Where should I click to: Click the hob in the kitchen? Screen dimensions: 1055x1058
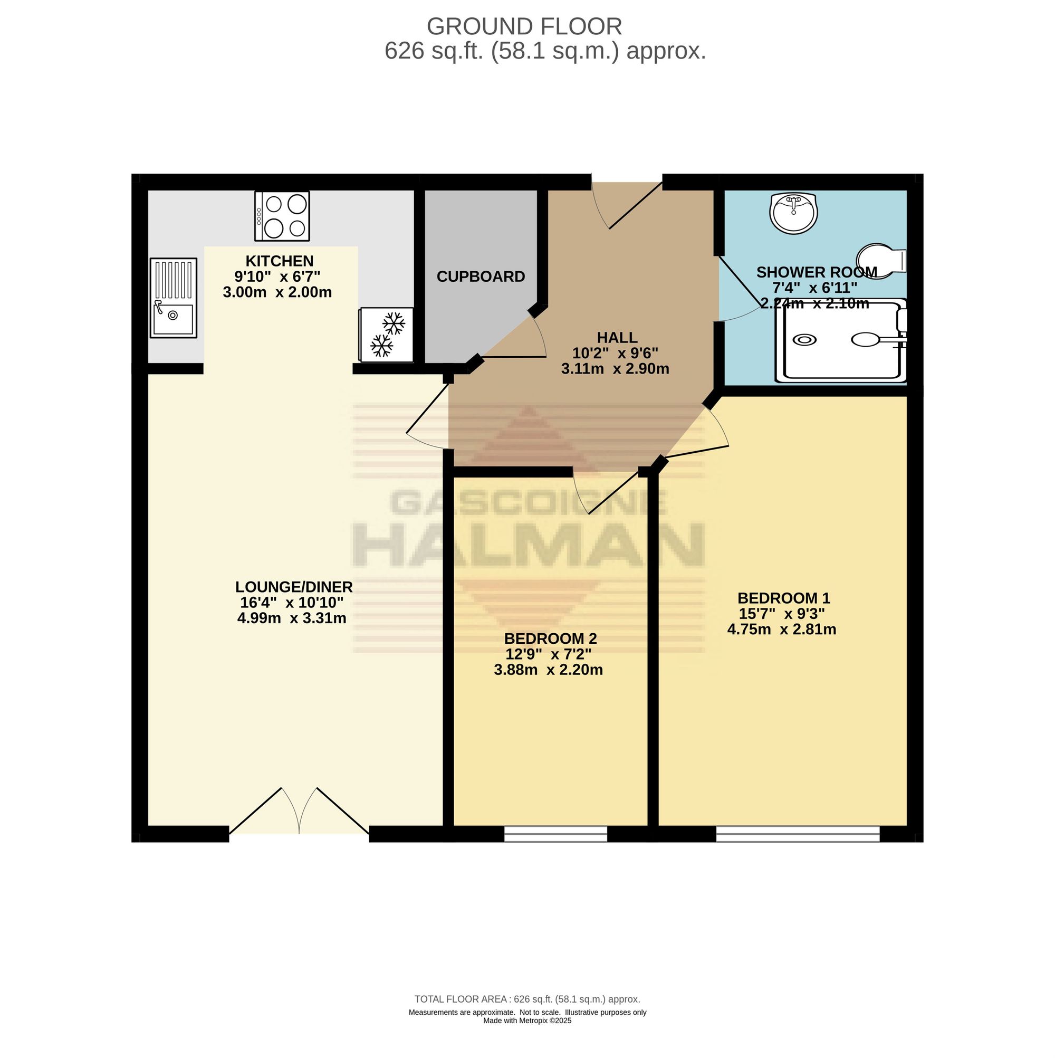pos(282,216)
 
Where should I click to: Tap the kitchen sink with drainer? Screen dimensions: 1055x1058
pos(173,298)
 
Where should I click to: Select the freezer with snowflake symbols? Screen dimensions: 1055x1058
pos(386,334)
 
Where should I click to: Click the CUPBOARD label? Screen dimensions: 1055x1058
pos(481,277)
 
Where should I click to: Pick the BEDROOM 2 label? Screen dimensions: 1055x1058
pos(550,638)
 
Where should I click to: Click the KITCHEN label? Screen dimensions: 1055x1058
pos(279,261)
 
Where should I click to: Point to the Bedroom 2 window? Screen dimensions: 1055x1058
pos(555,834)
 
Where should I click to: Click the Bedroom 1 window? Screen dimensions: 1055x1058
pos(798,834)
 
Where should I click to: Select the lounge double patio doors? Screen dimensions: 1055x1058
pos(299,811)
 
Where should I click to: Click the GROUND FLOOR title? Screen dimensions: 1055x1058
pos(524,26)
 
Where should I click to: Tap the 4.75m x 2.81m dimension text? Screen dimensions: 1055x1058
pos(781,629)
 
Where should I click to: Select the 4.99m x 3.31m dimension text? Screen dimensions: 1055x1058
pos(292,618)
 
